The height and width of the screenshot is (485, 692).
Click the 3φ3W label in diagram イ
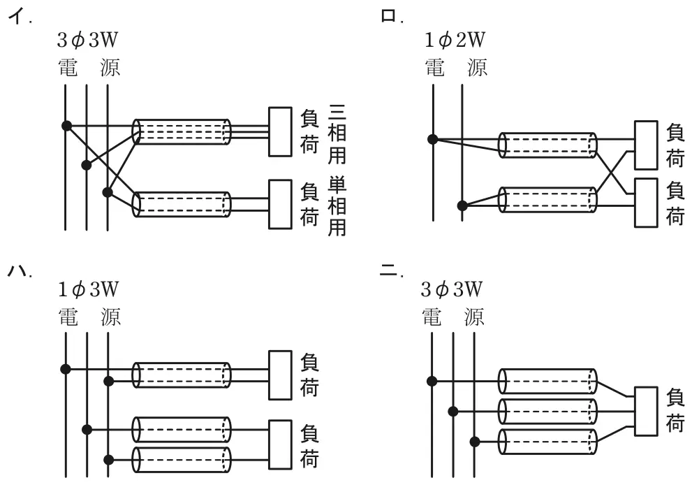point(87,41)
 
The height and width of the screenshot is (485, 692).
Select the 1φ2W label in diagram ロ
point(455,41)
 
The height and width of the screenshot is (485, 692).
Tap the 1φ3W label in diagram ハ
point(88,290)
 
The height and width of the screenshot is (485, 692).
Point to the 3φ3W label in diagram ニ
point(452,290)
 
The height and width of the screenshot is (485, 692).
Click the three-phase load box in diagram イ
point(280,131)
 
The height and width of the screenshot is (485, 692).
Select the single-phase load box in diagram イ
point(280,204)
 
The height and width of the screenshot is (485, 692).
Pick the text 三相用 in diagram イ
point(337,134)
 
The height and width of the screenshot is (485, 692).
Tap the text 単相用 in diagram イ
point(337,206)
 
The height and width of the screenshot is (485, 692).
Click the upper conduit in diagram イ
point(182,131)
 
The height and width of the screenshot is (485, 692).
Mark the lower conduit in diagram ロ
point(547,200)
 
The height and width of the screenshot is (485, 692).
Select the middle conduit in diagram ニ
point(547,411)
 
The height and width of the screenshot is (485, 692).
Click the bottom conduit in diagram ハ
point(182,460)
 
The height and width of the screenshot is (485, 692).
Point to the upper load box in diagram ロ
point(646,145)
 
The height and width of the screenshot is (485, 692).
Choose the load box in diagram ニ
point(646,411)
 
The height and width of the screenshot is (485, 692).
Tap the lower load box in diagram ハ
point(280,444)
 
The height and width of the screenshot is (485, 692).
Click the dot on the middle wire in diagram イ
point(87,165)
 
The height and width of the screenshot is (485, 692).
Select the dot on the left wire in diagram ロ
point(433,140)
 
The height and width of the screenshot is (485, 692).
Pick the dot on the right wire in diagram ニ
point(474,441)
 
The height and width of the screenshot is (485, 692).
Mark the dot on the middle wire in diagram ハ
point(87,429)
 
